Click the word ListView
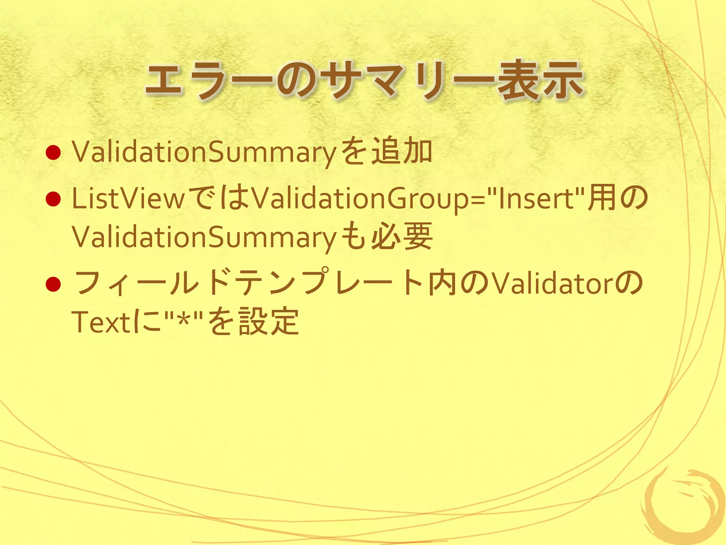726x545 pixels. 128,199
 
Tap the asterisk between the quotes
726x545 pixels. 183,321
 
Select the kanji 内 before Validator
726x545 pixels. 441,284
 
